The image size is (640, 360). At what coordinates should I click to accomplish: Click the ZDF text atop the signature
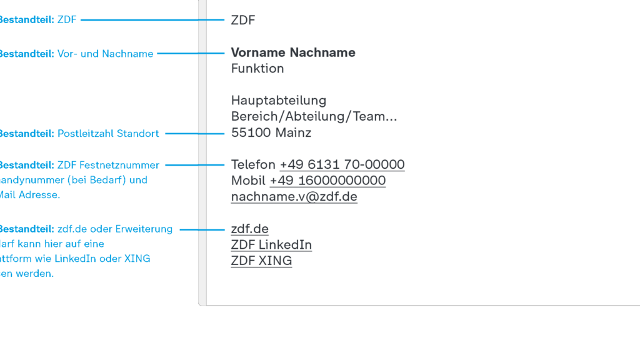(243, 20)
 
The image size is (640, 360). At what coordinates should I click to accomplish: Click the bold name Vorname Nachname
(293, 52)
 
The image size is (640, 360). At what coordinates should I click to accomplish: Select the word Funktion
(257, 68)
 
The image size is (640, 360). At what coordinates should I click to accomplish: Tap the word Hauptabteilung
(279, 100)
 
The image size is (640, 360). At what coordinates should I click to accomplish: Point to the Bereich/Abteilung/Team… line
(314, 116)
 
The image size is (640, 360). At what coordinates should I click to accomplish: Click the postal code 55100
(251, 132)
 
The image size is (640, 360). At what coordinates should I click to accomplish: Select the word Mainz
(293, 132)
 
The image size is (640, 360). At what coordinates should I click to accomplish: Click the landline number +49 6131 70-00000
(342, 164)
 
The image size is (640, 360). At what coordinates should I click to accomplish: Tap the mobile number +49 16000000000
(327, 181)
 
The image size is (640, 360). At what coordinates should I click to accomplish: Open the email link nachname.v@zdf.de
(294, 197)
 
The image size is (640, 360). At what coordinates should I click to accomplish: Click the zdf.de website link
(249, 229)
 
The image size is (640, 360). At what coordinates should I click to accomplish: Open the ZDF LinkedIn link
(271, 244)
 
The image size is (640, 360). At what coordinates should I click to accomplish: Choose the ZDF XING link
(261, 261)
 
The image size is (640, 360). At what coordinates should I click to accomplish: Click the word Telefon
(253, 164)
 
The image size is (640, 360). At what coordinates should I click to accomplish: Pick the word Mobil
(248, 181)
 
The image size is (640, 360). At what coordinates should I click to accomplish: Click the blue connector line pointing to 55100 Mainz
(194, 134)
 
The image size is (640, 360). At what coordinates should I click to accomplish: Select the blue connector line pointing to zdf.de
(201, 230)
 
